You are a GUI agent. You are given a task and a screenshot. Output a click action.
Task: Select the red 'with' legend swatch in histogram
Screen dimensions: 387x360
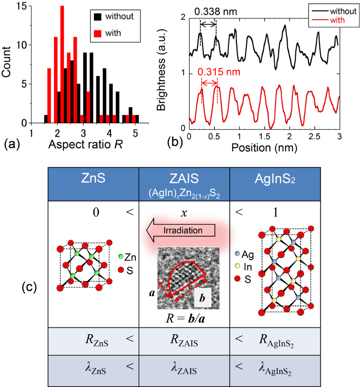97,33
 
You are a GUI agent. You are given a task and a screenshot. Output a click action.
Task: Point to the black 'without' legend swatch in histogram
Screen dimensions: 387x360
97,17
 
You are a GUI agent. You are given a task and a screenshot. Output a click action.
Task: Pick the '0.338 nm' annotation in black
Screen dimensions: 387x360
216,11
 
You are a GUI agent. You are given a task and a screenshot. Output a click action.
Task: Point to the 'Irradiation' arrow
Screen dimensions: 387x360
180,230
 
